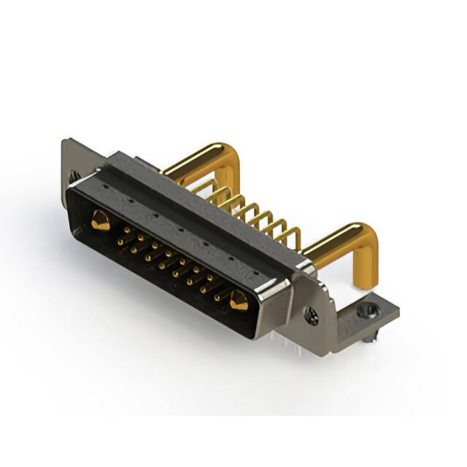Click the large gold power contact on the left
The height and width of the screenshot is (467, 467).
101,220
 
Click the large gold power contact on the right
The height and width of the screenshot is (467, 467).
238,300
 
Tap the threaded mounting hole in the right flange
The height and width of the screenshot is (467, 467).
312,316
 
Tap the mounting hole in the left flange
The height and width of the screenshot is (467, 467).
74,177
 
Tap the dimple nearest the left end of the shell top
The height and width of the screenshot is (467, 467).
105,188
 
